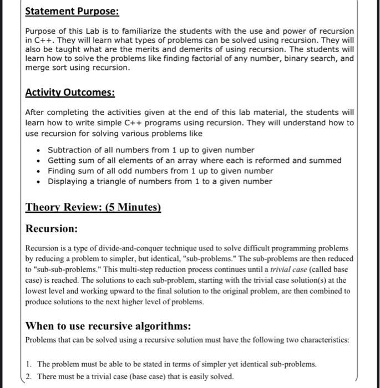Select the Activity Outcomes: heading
pos(70,93)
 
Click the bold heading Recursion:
pos(52,228)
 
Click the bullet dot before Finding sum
pos(38,171)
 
